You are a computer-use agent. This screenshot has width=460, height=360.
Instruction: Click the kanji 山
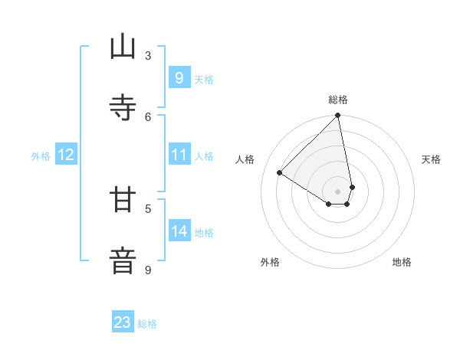tap(123, 47)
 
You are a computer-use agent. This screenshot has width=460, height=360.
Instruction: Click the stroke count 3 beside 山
tap(148, 55)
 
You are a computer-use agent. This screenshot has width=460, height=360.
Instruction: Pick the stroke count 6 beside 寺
tap(148, 116)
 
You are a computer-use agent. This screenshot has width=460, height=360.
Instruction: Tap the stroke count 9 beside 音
tap(148, 270)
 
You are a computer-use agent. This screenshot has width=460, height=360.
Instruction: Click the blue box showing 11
tap(179, 155)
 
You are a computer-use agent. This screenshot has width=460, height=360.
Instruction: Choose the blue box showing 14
tap(179, 231)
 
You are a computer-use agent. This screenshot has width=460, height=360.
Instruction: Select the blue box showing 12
tap(65, 155)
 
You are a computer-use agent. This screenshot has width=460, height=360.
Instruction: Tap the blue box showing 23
tap(123, 322)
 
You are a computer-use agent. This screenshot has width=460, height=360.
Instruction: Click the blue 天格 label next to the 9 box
tap(204, 80)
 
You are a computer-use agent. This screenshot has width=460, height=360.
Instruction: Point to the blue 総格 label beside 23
tap(147, 324)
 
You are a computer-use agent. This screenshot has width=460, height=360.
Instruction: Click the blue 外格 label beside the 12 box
tap(41, 156)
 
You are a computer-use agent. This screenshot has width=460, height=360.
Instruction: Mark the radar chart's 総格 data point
tap(337, 116)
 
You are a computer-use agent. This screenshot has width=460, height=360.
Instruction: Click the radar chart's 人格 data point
tap(280, 173)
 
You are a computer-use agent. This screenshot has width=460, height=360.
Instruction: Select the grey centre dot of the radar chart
tap(337, 191)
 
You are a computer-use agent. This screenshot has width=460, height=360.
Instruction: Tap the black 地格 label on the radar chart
tap(402, 263)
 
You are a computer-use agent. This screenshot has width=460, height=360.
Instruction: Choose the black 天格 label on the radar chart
tap(431, 159)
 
